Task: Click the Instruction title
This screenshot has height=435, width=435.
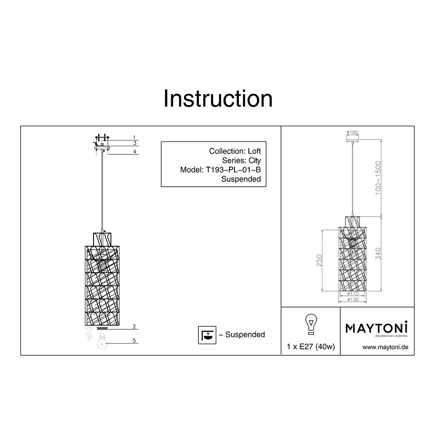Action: click(218, 99)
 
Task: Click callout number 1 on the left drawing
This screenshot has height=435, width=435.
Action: click(134, 137)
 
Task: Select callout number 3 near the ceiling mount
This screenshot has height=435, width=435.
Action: click(135, 143)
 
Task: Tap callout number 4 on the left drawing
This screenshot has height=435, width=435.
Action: click(135, 151)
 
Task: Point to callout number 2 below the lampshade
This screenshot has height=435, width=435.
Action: click(134, 327)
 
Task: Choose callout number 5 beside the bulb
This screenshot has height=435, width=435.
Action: click(134, 341)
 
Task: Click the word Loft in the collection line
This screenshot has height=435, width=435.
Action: click(254, 151)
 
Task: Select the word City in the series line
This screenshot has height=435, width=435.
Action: click(254, 161)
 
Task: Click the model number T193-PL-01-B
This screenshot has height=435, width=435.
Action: click(233, 170)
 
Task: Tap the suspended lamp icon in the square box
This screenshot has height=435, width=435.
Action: click(207, 335)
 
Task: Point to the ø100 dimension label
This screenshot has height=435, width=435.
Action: click(352, 133)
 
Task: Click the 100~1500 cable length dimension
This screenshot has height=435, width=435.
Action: click(378, 178)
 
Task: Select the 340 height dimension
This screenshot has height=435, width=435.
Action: click(378, 254)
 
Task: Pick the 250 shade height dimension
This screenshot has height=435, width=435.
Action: click(319, 261)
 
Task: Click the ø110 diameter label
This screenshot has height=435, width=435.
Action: click(353, 294)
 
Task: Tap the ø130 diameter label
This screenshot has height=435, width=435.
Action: click(353, 299)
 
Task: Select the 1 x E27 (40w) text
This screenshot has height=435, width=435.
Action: click(311, 347)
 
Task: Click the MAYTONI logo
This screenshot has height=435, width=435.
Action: click(376, 329)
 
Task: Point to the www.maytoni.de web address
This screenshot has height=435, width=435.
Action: click(385, 347)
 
